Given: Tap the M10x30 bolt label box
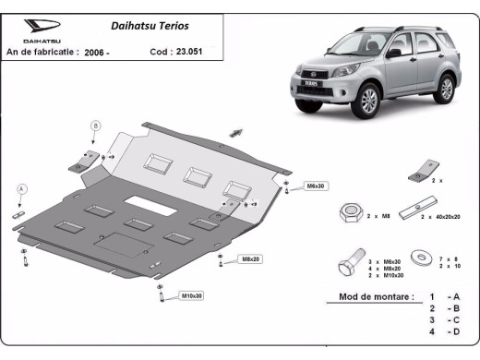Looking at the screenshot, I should point(192,295).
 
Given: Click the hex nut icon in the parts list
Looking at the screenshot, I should point(349,212).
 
